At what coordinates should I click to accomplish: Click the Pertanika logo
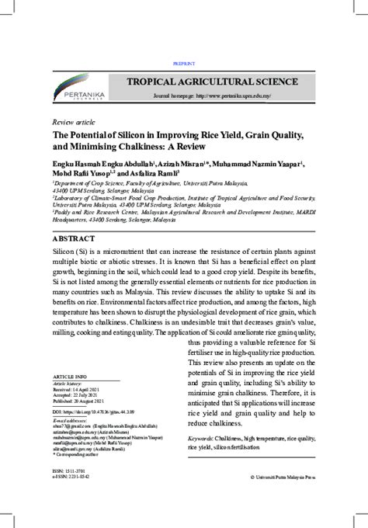(x=78, y=89)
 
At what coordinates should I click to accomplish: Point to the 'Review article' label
(x=74, y=123)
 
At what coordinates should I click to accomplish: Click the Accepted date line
(x=76, y=396)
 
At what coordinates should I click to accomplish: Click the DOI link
(x=92, y=412)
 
